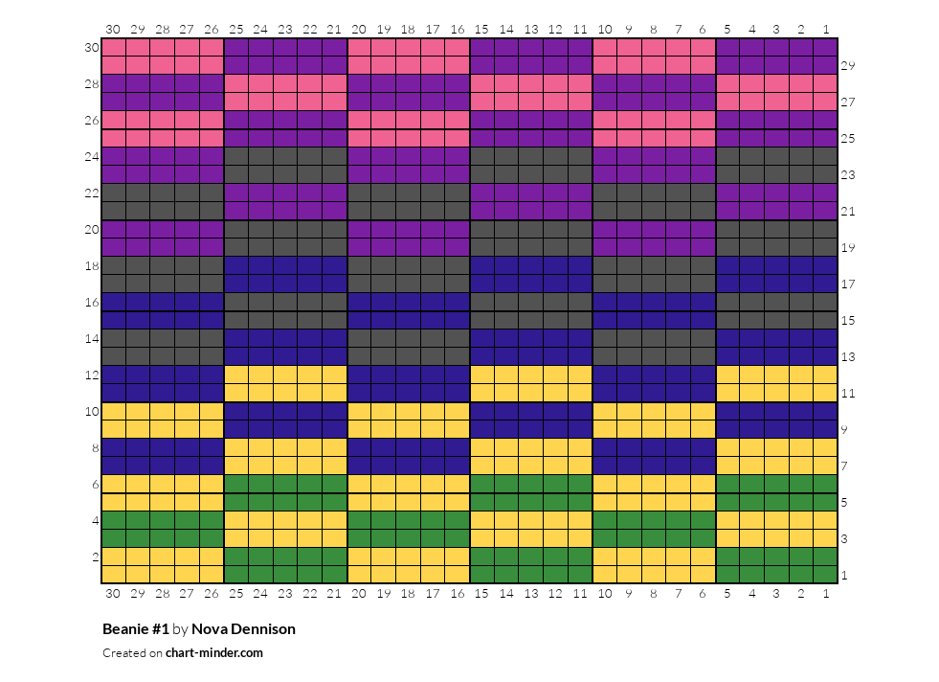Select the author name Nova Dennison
pos(243,628)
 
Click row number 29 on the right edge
pos(847,66)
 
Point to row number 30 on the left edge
pos(92,47)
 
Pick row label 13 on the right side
pos(847,357)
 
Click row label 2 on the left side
pos(95,557)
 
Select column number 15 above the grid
pos(481,29)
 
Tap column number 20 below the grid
pos(358,593)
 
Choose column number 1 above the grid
pos(826,29)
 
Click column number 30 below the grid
pos(113,593)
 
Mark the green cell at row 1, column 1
pos(826,575)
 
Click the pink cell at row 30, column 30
pos(114,47)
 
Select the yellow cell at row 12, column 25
pos(236,375)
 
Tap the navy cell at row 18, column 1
pos(826,266)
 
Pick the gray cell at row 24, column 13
pos(531,157)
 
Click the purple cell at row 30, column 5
pos(727,47)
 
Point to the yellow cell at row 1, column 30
pos(114,575)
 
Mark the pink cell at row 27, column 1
pos(826,102)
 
